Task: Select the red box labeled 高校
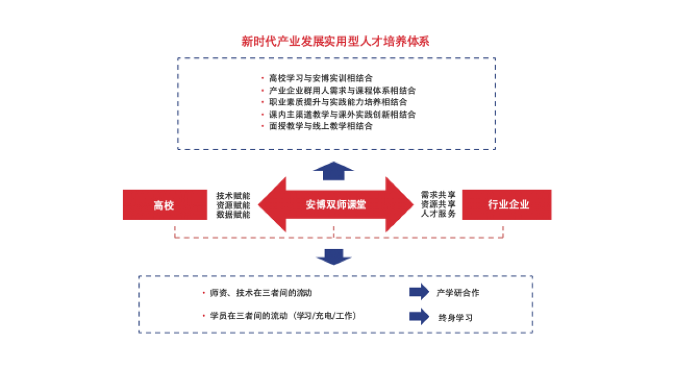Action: pyautogui.click(x=165, y=205)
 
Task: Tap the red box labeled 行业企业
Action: pyautogui.click(x=507, y=205)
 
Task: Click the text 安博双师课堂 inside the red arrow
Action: pyautogui.click(x=336, y=205)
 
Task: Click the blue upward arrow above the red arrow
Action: pyautogui.click(x=334, y=170)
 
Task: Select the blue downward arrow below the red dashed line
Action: pyautogui.click(x=334, y=256)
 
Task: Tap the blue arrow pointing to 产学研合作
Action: pyautogui.click(x=419, y=292)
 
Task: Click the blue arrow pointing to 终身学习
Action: pyautogui.click(x=419, y=316)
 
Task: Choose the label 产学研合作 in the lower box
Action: pyautogui.click(x=458, y=293)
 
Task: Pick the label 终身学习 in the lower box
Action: pyautogui.click(x=456, y=317)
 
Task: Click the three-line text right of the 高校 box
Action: pyautogui.click(x=233, y=205)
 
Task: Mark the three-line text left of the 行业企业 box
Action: pyautogui.click(x=439, y=205)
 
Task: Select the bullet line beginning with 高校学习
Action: pyautogui.click(x=321, y=78)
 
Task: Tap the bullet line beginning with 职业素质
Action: pyautogui.click(x=338, y=102)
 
